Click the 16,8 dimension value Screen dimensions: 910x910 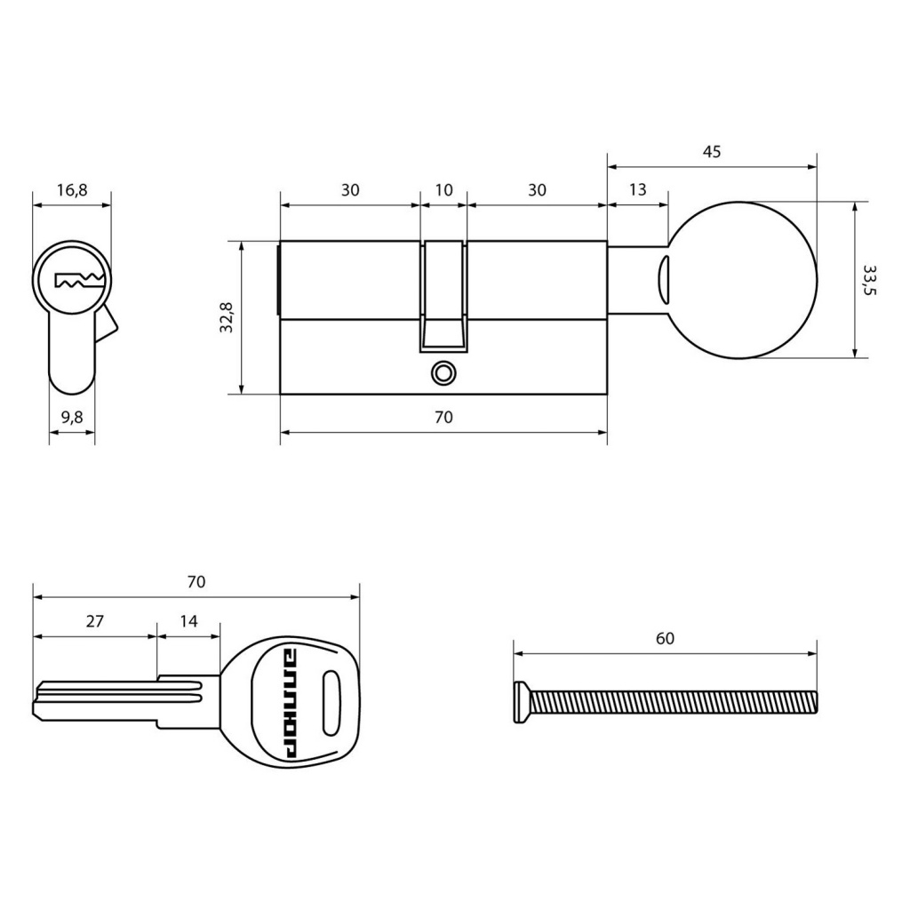coord(72,190)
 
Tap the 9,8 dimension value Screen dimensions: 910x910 coord(72,418)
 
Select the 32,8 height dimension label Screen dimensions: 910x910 coord(227,317)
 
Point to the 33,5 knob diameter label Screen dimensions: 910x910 coord(869,280)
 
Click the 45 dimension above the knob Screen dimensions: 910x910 coord(712,151)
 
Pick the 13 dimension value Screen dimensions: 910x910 coord(637,190)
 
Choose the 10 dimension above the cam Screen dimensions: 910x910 coord(443,190)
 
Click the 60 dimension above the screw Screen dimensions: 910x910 coord(665,638)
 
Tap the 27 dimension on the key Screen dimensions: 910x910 coord(94,621)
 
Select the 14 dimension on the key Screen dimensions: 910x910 coord(188,621)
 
